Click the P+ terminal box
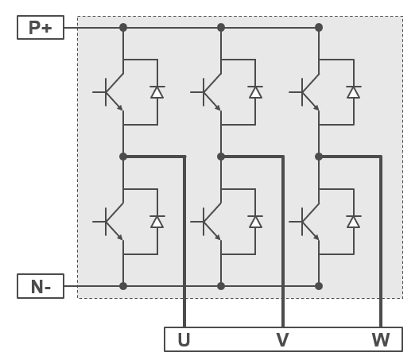pos(41,27)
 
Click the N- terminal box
pos(41,286)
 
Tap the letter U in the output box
pos(184,339)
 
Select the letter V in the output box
pos(282,339)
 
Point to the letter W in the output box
pos(381,339)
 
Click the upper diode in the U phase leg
pos(157,92)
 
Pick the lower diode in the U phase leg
pos(157,222)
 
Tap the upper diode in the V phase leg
pos(255,92)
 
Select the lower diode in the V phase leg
pos(255,222)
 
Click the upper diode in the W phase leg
pos(354,92)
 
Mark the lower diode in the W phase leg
pos(354,222)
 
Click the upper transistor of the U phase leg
pos(110,92)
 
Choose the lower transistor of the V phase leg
pos(207,222)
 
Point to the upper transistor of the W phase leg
pos(305,92)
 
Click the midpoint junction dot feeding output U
pos(123,157)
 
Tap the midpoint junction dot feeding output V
pos(221,157)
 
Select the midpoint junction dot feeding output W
pos(319,157)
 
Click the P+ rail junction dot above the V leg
pos(221,27)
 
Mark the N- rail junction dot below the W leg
pos(319,286)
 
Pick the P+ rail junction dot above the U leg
pos(123,27)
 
